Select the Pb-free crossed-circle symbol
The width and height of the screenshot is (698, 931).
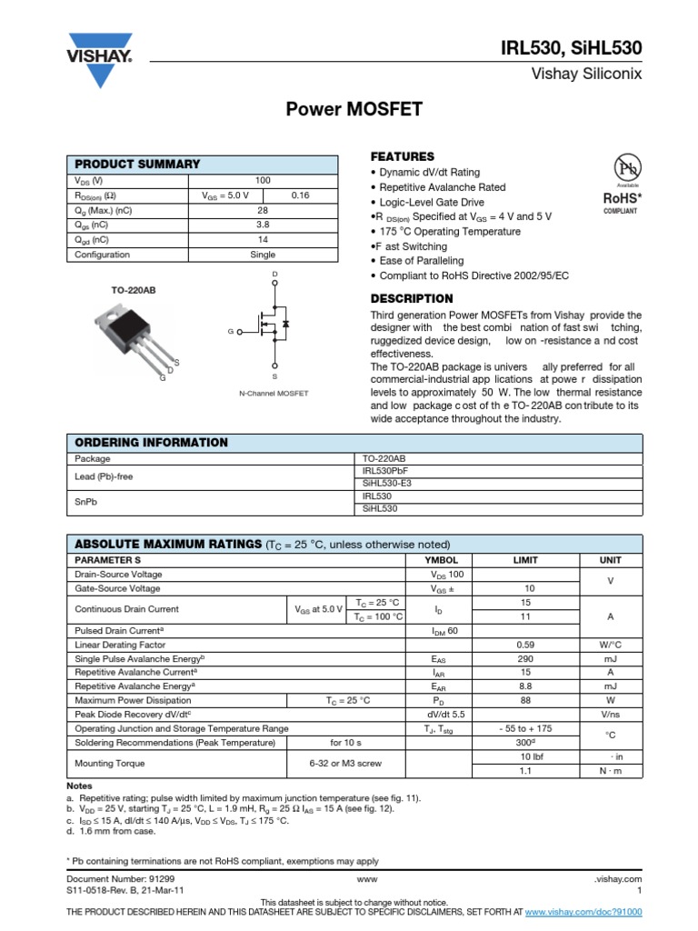coord(626,169)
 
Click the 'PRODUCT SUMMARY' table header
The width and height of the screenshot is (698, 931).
coord(137,164)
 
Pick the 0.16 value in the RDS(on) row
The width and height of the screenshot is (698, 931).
coord(300,195)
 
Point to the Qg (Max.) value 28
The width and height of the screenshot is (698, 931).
coord(263,210)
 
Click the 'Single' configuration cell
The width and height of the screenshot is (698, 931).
coord(263,255)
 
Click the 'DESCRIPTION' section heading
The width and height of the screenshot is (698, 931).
coord(412,298)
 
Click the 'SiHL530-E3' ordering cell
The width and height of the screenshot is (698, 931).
coord(387,484)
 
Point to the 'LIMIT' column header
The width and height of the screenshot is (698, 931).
coord(526,560)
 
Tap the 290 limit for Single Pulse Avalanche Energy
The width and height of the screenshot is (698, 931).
coord(526,657)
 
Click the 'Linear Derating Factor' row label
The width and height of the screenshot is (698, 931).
coord(121,644)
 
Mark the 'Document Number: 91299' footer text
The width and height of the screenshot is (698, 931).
coord(122,879)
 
